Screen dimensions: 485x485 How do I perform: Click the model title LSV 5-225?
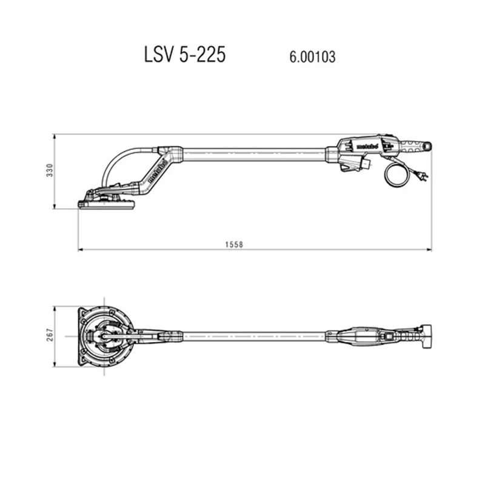coord(185,55)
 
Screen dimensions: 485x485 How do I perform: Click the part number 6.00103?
coord(312,57)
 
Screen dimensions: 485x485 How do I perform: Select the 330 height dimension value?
coord(50,170)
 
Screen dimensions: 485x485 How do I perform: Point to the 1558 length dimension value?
coord(234,245)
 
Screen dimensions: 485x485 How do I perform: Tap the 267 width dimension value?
coord(50,335)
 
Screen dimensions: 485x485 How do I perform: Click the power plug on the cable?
coord(423,176)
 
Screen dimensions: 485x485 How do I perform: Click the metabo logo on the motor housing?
coord(367,147)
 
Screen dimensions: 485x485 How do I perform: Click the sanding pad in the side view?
coord(106,204)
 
